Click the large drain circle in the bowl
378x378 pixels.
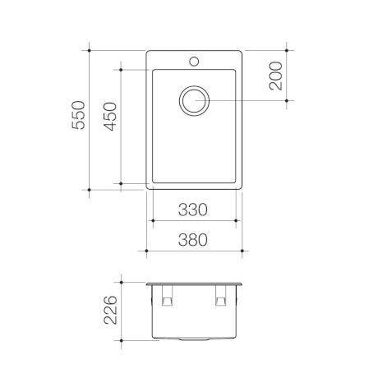click(x=196, y=102)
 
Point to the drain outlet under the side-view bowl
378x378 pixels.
click(x=195, y=339)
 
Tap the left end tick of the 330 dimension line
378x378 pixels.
click(x=153, y=222)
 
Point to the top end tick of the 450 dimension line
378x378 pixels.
click(x=122, y=70)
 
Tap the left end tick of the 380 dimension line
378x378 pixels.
click(x=146, y=250)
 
